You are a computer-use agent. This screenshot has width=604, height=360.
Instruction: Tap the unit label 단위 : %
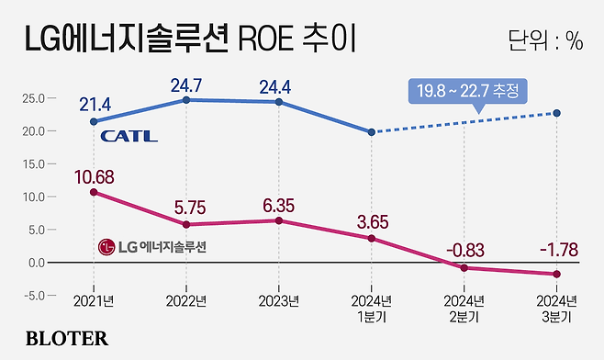(x=545, y=40)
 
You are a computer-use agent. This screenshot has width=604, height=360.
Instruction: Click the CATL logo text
(x=129, y=137)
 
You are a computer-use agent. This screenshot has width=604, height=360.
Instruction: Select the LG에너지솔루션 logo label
(x=153, y=247)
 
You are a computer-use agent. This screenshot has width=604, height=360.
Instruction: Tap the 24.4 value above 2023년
(x=279, y=84)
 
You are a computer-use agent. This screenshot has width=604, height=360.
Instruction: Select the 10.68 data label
(x=93, y=174)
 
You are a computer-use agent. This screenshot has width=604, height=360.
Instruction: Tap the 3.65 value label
(x=372, y=220)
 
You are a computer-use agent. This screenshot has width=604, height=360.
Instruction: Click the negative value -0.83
(x=464, y=249)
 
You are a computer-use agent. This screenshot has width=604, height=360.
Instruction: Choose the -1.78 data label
(x=556, y=249)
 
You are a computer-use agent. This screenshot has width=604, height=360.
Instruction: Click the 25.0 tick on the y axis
(x=34, y=98)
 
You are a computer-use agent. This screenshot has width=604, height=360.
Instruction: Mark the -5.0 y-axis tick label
(x=34, y=296)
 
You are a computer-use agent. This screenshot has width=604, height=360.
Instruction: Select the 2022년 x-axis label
(x=186, y=302)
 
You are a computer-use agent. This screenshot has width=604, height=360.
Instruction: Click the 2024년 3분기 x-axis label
(x=557, y=309)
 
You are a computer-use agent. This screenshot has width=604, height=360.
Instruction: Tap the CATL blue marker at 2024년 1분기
(x=372, y=132)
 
